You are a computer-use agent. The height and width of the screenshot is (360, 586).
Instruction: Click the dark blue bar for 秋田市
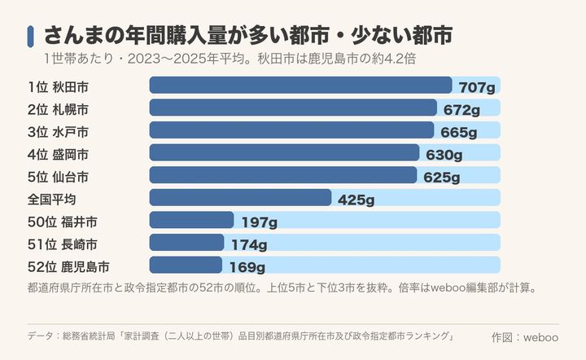301,86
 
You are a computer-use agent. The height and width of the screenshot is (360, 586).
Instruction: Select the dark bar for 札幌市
293,108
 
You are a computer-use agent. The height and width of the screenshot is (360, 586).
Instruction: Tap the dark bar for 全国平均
240,197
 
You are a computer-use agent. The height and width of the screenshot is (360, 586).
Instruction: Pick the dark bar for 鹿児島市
186,265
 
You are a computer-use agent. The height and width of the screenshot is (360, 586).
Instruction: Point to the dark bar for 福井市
192,220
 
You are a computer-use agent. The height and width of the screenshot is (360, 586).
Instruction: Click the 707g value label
477,87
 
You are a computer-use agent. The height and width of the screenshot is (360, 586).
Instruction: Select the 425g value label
356,200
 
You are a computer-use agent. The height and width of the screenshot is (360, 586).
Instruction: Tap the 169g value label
247,267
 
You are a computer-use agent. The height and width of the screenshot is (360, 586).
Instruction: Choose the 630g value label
444,155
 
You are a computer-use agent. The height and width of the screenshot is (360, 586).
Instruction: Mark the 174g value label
249,244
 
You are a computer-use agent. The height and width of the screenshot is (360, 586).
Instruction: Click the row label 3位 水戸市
58,132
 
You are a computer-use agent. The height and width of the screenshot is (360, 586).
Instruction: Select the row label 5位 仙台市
58,177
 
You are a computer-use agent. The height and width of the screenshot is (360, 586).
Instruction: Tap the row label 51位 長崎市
63,244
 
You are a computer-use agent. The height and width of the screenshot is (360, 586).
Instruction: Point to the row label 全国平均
51,200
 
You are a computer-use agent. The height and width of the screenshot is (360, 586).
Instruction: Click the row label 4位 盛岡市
58,155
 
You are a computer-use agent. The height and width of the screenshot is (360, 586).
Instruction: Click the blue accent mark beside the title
30,37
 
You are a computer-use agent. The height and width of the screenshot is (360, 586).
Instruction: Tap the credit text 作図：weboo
525,337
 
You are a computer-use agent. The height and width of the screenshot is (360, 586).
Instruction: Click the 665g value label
458,132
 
